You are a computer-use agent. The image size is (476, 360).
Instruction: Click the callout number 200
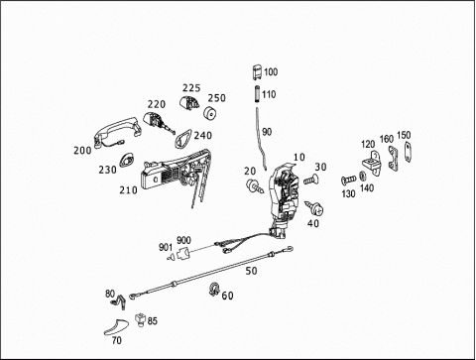82,151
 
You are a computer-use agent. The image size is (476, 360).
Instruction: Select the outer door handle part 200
116,131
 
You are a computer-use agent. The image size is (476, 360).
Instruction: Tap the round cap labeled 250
209,113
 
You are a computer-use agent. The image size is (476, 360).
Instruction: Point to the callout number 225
191,88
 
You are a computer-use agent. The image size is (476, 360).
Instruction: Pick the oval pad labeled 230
126,160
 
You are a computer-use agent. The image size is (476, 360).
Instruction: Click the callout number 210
128,190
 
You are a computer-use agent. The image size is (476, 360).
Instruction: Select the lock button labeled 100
258,72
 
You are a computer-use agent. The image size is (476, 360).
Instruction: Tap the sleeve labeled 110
257,94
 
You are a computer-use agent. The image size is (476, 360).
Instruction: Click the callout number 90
267,132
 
